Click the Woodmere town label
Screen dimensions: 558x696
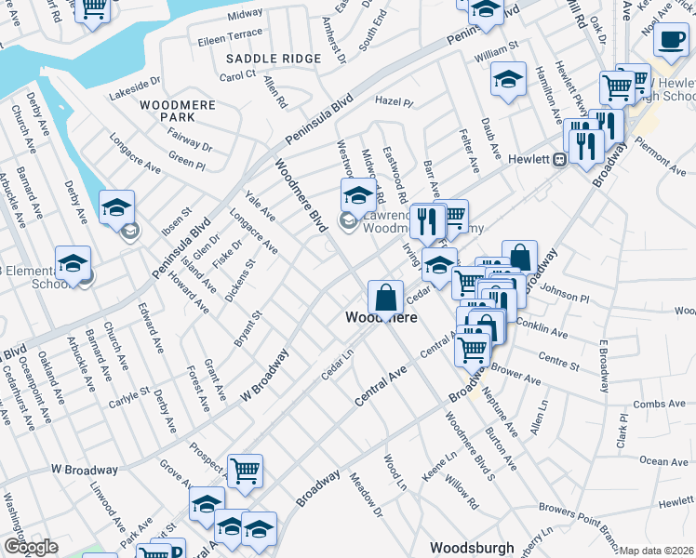tap(381, 317)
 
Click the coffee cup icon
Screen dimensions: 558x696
tap(670, 39)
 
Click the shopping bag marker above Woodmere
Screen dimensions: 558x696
tap(385, 298)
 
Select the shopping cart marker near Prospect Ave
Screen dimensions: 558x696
tap(245, 471)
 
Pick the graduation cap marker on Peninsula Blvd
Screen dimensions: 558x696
tap(117, 207)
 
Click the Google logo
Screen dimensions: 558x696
tap(31, 547)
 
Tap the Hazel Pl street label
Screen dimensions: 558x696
tap(393, 100)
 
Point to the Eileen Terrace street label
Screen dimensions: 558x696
tap(231, 33)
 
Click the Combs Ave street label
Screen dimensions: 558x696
tap(658, 405)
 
